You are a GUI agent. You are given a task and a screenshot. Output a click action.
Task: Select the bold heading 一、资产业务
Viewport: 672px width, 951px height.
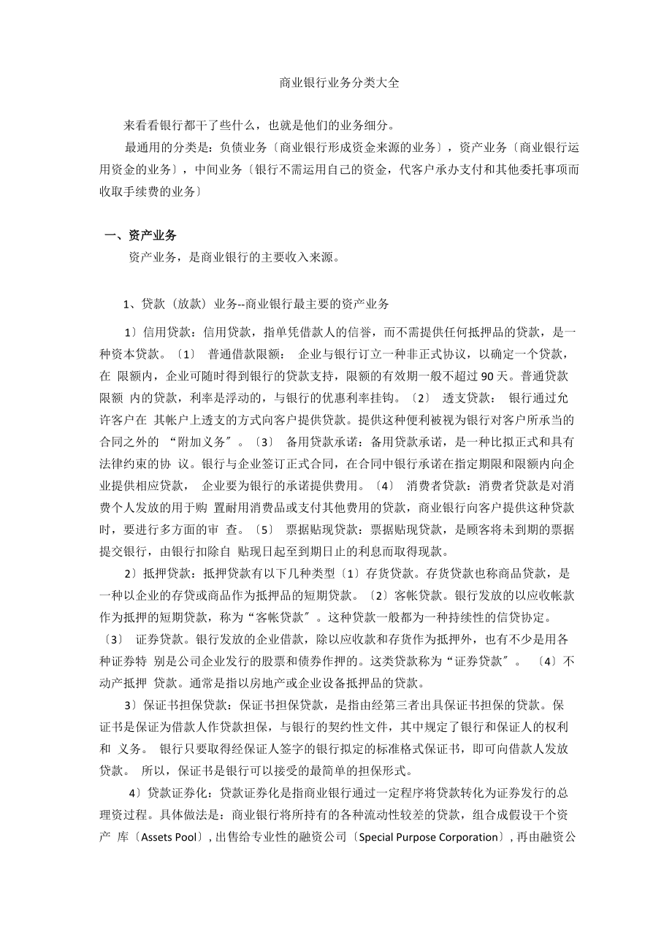coord(140,235)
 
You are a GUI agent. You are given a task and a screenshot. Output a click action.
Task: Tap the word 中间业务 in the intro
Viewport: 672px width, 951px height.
coord(219,169)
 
